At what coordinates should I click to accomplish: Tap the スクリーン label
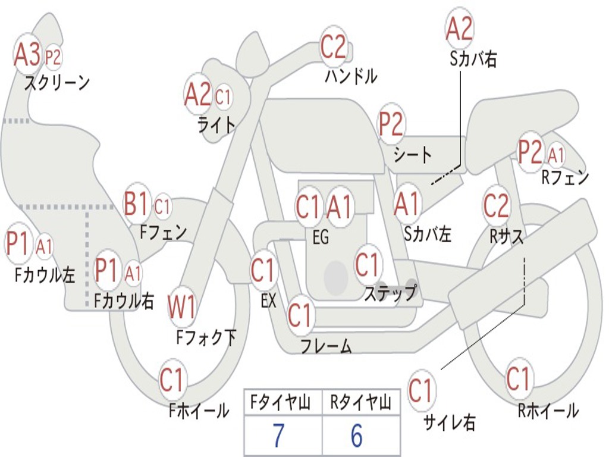pos(56,83)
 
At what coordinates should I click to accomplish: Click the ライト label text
pos(216,124)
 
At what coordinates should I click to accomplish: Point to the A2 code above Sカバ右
pos(459,29)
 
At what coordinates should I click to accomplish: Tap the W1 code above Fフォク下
pos(181,307)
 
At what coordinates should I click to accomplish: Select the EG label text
pos(321,237)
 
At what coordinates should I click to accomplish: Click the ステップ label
pos(390,293)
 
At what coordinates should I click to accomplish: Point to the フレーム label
pos(326,346)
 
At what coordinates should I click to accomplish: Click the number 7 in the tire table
pos(278,436)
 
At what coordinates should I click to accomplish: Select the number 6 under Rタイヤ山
pos(356,436)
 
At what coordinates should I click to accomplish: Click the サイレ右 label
pos(450,422)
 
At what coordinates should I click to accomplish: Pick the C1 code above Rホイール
pos(518,379)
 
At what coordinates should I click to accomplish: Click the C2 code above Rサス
pos(496,205)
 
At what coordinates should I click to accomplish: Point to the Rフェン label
pos(564,177)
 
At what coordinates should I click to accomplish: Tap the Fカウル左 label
pos(45,275)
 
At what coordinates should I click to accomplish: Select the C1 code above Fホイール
pos(172,380)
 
